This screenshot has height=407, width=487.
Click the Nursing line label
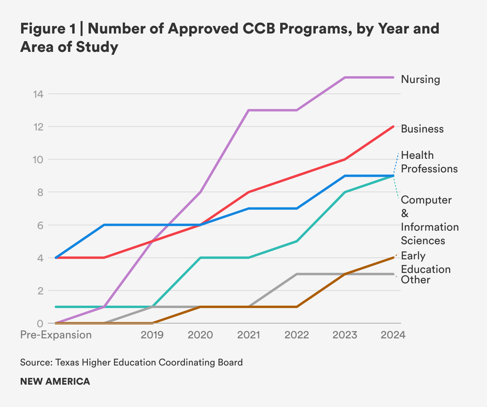[420, 79]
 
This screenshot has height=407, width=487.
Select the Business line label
[422, 129]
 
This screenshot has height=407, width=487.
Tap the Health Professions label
[429, 162]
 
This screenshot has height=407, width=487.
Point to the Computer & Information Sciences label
[430, 220]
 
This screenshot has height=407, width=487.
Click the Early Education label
[426, 262]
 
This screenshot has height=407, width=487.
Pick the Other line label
[416, 280]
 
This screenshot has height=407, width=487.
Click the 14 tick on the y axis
[39, 94]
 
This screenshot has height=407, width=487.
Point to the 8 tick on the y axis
[40, 192]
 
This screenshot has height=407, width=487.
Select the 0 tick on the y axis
[40, 323]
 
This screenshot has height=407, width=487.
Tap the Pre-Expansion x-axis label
[56, 334]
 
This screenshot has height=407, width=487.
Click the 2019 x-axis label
[152, 334]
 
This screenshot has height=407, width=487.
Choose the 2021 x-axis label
[249, 334]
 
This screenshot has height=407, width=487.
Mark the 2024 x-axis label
[393, 334]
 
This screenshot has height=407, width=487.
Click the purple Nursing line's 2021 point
[249, 110]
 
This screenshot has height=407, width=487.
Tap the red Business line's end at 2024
[393, 126]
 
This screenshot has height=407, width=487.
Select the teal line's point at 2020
[200, 258]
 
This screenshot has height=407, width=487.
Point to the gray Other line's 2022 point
[297, 274]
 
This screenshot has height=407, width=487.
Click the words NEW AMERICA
[55, 381]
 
